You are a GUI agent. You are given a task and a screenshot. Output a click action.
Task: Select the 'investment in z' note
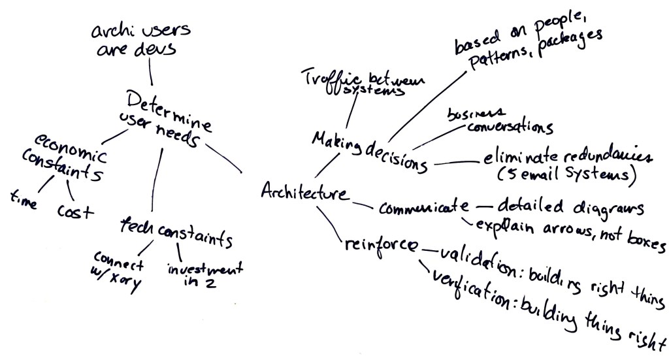point(194,274)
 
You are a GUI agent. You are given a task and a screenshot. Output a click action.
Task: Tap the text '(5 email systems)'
point(566,176)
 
